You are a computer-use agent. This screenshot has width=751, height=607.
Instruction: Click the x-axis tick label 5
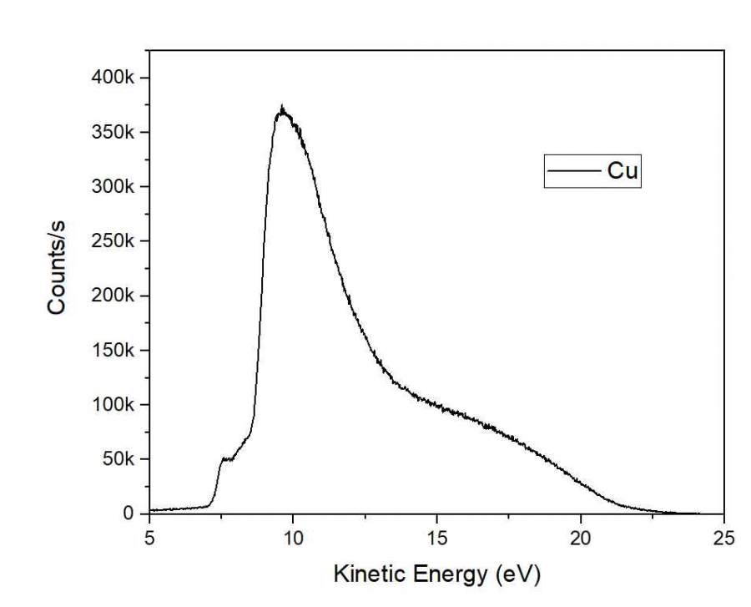149,536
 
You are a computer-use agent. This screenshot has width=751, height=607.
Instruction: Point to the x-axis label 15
437,536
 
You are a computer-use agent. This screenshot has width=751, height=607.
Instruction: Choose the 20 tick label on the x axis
581,536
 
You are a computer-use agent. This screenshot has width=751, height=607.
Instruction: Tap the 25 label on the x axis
725,536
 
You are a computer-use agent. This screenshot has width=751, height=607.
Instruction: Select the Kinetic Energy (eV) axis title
436,574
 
